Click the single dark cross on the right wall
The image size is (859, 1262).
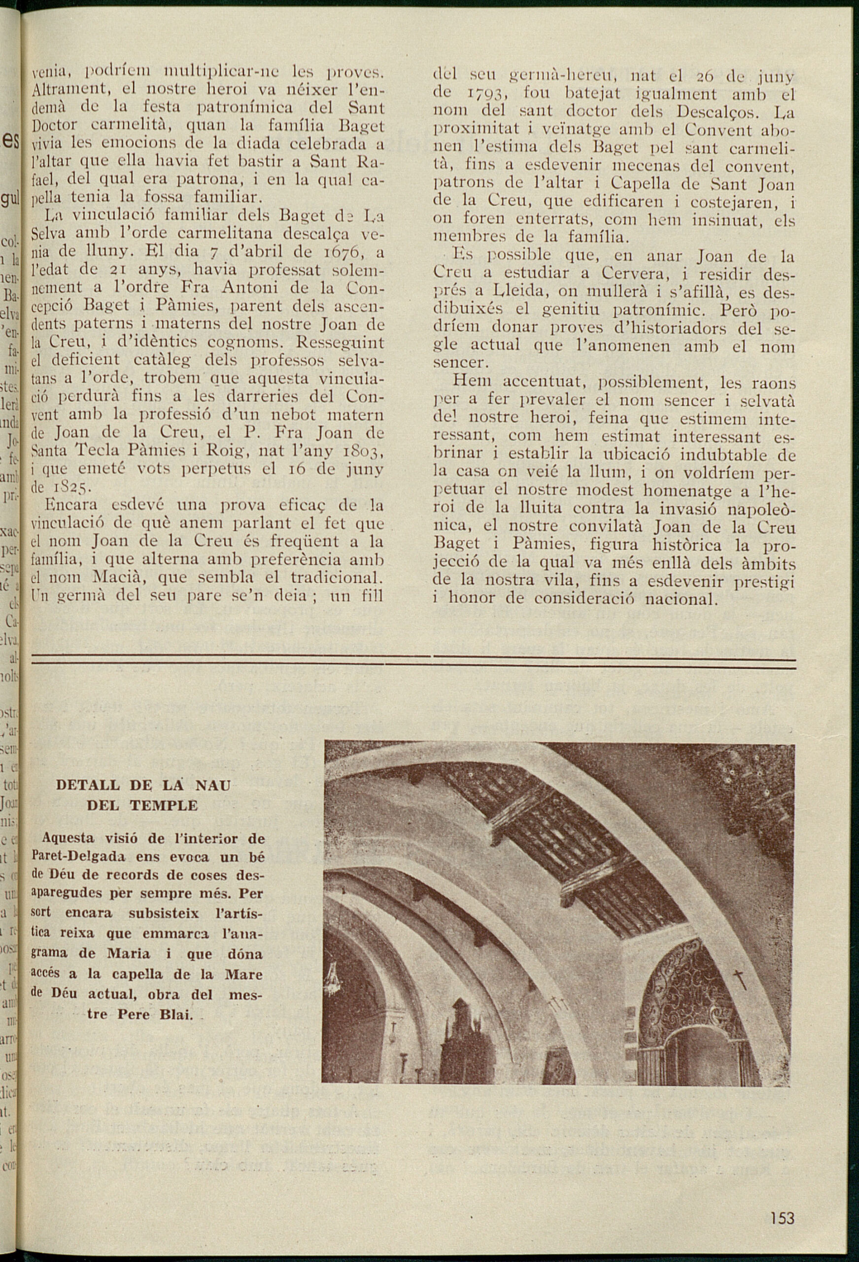coord(738,979)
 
